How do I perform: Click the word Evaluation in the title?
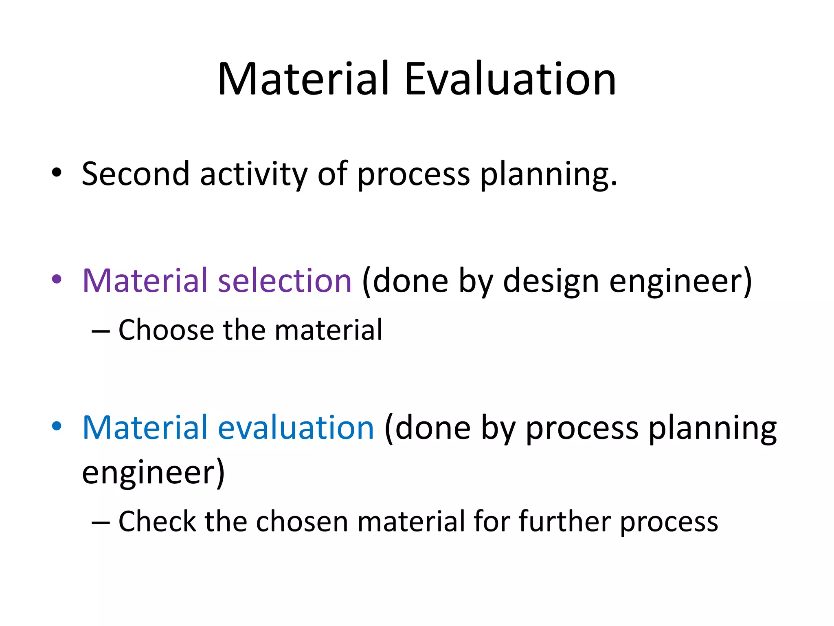coord(510,79)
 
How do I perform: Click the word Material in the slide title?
coord(303,79)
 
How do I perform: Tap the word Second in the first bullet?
coord(136,174)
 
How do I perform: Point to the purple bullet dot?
coord(57,280)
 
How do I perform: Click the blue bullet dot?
coord(57,426)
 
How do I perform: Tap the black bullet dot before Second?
coord(57,173)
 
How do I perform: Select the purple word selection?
coord(285,281)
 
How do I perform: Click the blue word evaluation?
coord(296,428)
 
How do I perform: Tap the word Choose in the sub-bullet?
coord(166,330)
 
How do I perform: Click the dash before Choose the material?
coord(101,331)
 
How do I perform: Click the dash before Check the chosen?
coord(101,522)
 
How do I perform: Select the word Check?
coord(157,522)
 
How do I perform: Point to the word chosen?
coord(302,522)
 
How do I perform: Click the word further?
coord(565,522)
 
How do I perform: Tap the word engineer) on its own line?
coord(153,473)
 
